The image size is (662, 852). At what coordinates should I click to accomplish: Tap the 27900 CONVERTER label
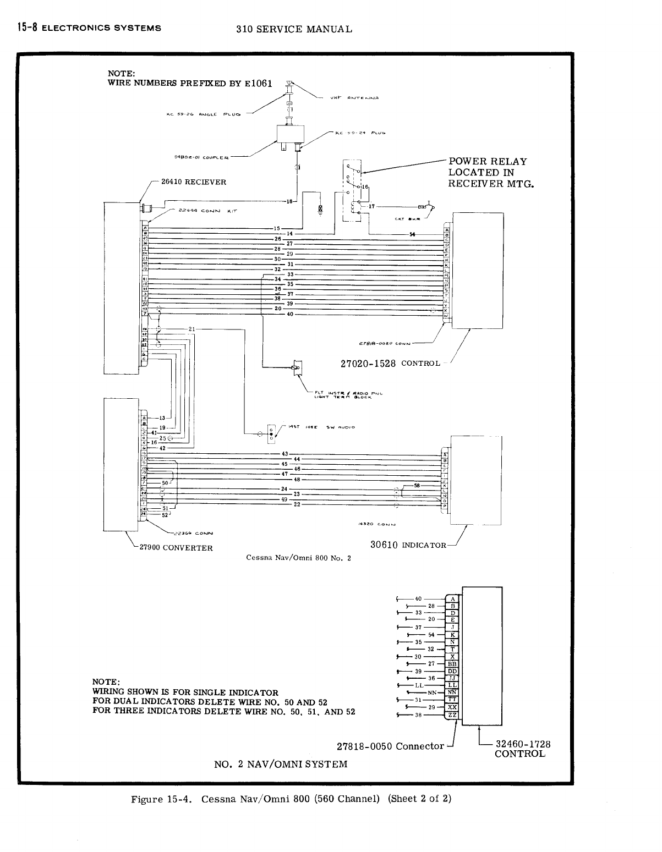[x=176, y=548]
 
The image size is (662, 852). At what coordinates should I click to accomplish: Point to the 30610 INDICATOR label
[x=408, y=545]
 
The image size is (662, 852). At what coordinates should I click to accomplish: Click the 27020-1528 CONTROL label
[x=391, y=363]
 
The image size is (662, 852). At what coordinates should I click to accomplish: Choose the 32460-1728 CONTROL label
[x=522, y=749]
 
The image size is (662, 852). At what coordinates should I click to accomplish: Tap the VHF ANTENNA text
[x=354, y=98]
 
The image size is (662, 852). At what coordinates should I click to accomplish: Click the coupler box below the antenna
[x=289, y=137]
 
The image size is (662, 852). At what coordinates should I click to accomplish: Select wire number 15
[x=277, y=228]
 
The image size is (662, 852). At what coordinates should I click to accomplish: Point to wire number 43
[x=285, y=454]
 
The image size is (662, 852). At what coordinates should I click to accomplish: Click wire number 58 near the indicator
[x=417, y=486]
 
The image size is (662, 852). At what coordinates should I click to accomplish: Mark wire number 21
[x=192, y=329]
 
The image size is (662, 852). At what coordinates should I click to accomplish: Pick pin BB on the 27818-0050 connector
[x=452, y=664]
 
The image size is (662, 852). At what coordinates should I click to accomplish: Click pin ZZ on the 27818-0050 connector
[x=452, y=714]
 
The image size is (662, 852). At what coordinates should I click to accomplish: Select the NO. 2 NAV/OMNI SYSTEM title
[x=280, y=764]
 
